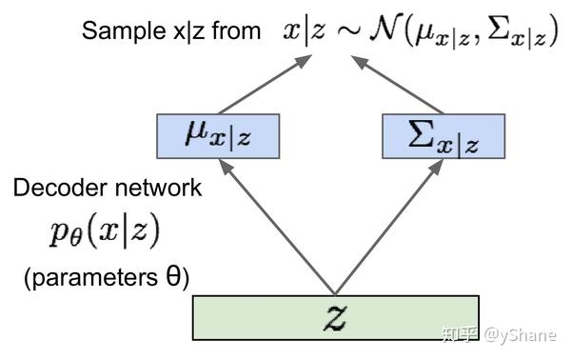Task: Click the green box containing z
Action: tap(336, 318)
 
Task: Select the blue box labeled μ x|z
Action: tap(219, 136)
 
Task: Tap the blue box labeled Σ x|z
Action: tap(443, 136)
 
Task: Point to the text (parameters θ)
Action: tap(107, 278)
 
